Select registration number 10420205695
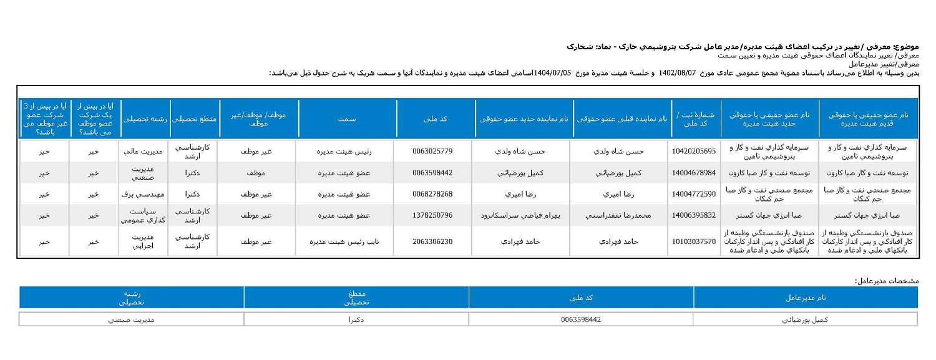click(694, 152)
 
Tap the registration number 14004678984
click(694, 173)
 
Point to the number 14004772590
click(694, 194)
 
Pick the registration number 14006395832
click(694, 215)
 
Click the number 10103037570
click(694, 241)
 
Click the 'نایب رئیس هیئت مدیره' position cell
click(346, 241)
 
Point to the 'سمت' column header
click(347, 119)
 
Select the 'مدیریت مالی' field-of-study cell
click(144, 152)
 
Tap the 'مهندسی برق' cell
click(144, 194)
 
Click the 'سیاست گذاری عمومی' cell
click(144, 215)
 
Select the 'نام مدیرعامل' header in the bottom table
click(806, 298)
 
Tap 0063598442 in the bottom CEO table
click(581, 319)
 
